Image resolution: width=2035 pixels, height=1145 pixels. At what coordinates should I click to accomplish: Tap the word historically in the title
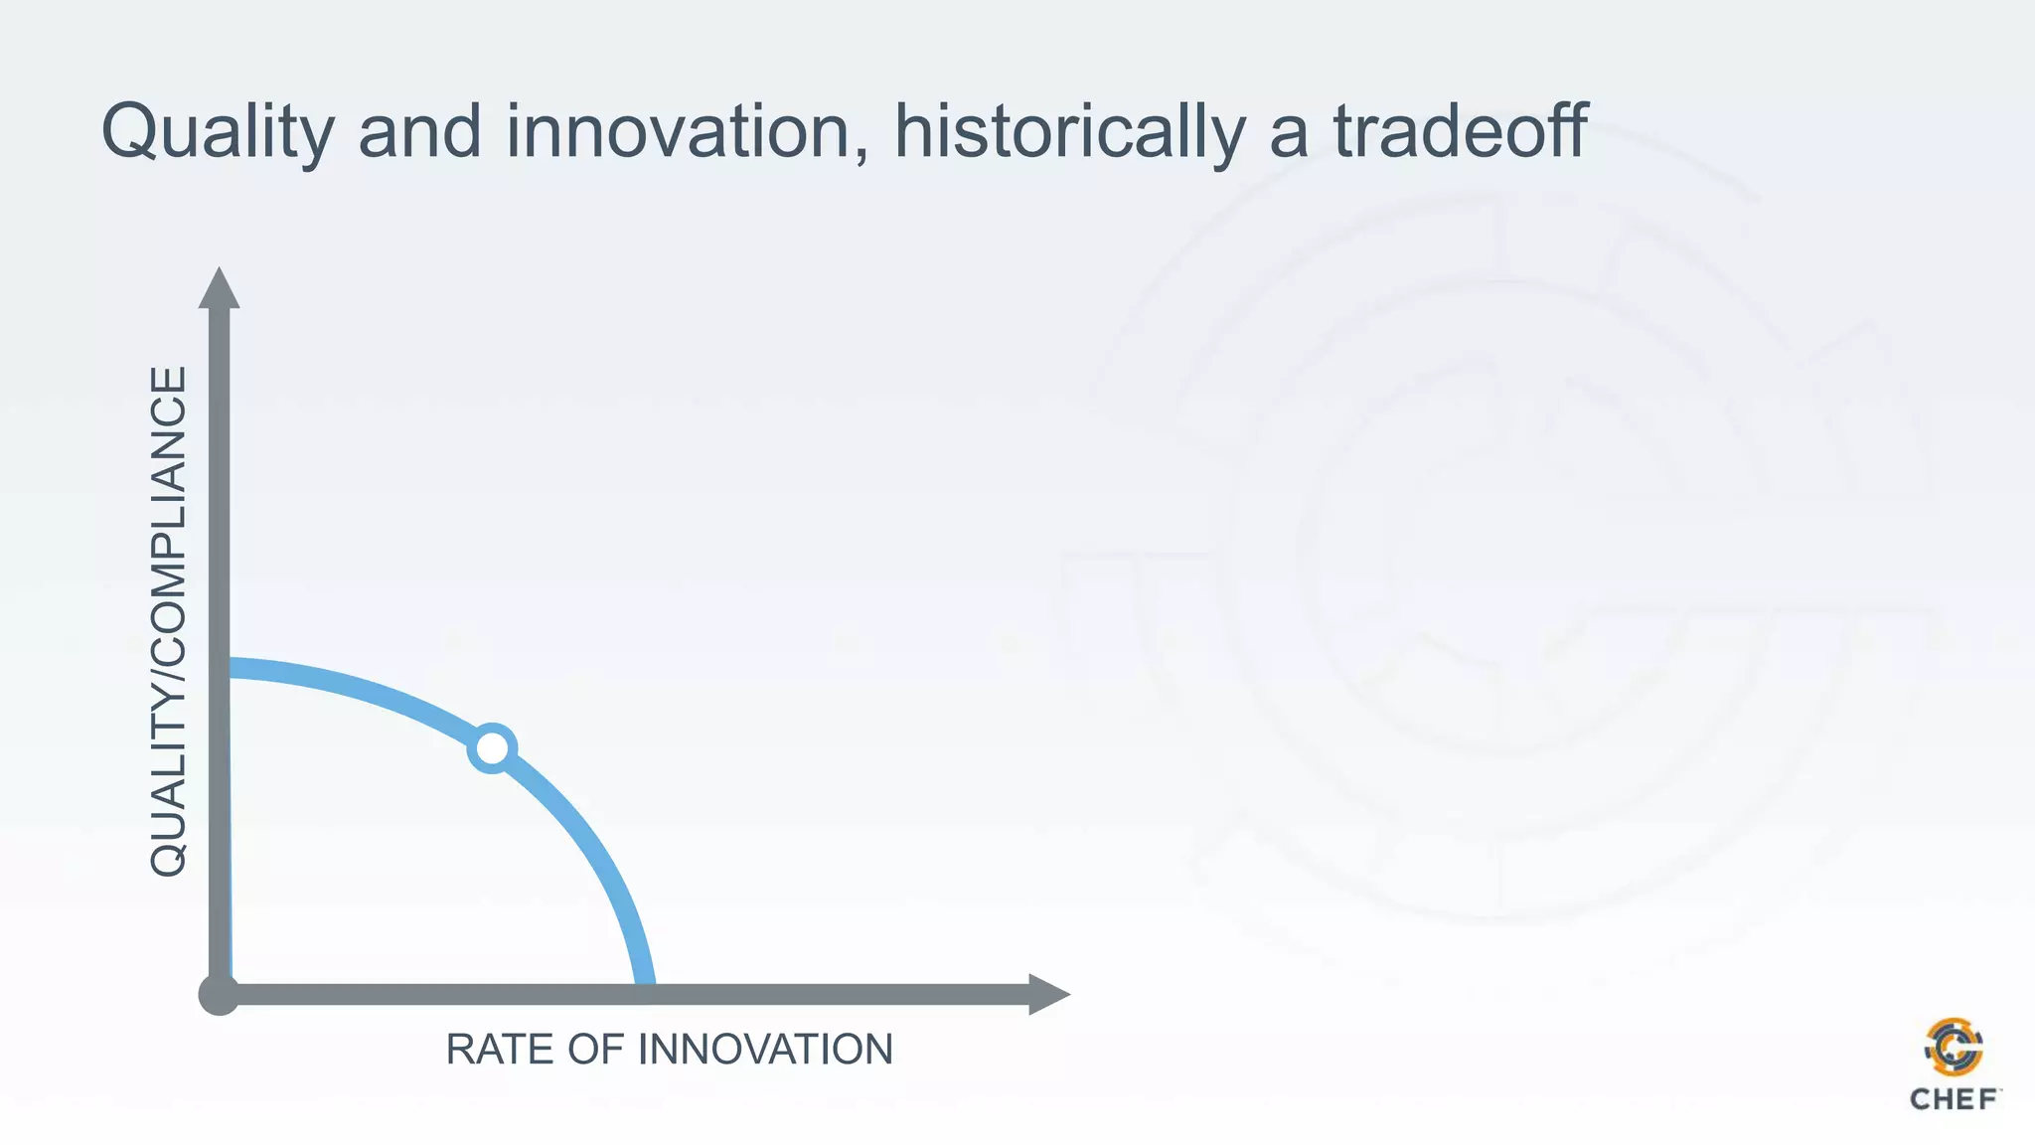pos(1068,132)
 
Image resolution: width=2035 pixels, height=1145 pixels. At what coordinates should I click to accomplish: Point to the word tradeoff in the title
pos(1460,132)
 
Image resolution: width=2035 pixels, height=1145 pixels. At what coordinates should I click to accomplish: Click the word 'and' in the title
pos(419,132)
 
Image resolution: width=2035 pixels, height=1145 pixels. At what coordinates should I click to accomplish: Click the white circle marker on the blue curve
pos(492,748)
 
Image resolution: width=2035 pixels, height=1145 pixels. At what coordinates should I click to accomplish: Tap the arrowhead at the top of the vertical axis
pos(219,288)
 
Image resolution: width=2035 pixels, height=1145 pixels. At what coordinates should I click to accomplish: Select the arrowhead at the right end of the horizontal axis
pos(1047,994)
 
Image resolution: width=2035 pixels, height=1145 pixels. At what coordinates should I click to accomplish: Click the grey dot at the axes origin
pos(219,995)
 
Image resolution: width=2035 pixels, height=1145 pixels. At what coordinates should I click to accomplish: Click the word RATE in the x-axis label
pos(500,1050)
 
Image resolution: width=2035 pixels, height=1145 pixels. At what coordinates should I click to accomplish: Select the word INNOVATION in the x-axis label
pos(765,1050)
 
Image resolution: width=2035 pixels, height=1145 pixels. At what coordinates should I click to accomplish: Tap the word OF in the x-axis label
pos(595,1050)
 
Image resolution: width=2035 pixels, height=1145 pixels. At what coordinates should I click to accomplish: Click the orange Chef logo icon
pos(1954,1047)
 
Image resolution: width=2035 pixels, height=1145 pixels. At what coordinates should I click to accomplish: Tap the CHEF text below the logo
pos(1954,1099)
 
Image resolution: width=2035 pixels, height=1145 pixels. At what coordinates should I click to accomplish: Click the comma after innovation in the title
pos(861,154)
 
